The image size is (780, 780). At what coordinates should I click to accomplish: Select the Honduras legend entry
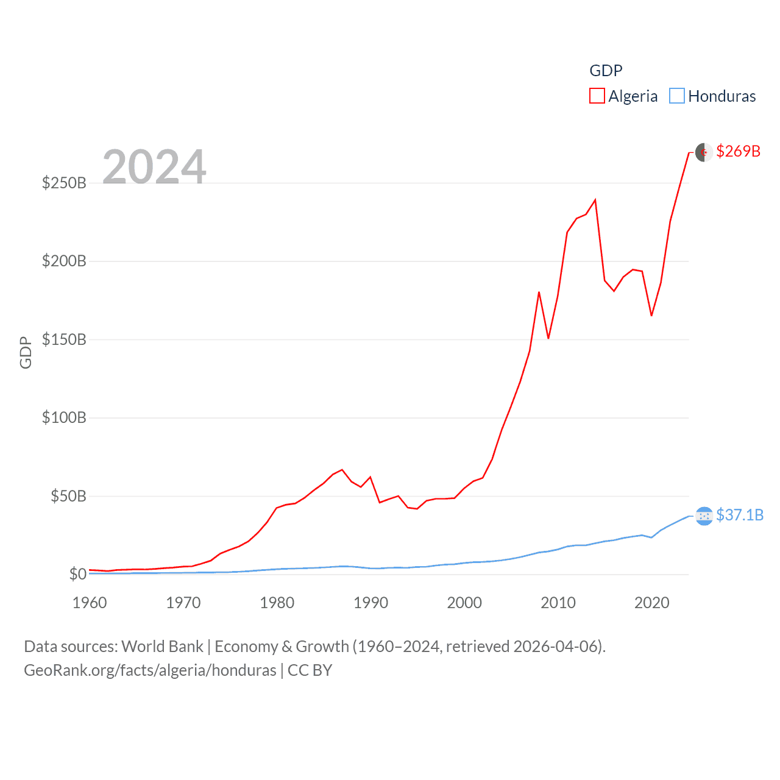[x=713, y=96]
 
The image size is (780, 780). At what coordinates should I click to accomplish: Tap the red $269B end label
[x=738, y=151]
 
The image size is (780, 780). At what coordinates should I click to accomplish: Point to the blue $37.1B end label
[x=740, y=515]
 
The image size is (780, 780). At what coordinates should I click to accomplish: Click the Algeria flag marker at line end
[x=704, y=152]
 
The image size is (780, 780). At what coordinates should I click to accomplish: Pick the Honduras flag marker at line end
[x=704, y=516]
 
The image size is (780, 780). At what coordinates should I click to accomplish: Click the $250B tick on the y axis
[x=64, y=183]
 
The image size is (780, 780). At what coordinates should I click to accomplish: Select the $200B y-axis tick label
[x=64, y=261]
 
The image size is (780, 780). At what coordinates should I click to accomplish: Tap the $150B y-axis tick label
[x=64, y=339]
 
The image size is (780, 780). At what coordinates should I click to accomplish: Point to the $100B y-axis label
[x=64, y=417]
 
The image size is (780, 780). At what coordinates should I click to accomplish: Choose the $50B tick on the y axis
[x=68, y=496]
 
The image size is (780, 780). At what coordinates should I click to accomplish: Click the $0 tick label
[x=77, y=574]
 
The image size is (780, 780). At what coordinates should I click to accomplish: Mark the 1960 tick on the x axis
[x=90, y=603]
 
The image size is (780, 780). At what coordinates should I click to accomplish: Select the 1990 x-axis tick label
[x=370, y=603]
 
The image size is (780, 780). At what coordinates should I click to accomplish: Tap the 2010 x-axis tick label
[x=558, y=603]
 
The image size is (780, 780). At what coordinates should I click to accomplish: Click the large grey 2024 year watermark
[x=154, y=167]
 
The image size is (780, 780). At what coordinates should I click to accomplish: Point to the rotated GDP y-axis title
[x=26, y=352]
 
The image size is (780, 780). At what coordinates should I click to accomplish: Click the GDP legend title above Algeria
[x=606, y=71]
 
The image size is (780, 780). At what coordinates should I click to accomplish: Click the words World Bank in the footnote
[x=162, y=647]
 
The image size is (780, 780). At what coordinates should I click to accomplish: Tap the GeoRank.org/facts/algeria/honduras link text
[x=150, y=670]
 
